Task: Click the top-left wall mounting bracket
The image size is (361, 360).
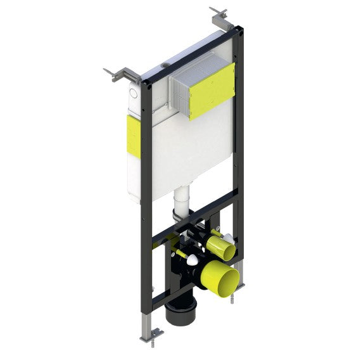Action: (x=117, y=74)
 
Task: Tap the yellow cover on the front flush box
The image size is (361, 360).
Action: (x=212, y=90)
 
